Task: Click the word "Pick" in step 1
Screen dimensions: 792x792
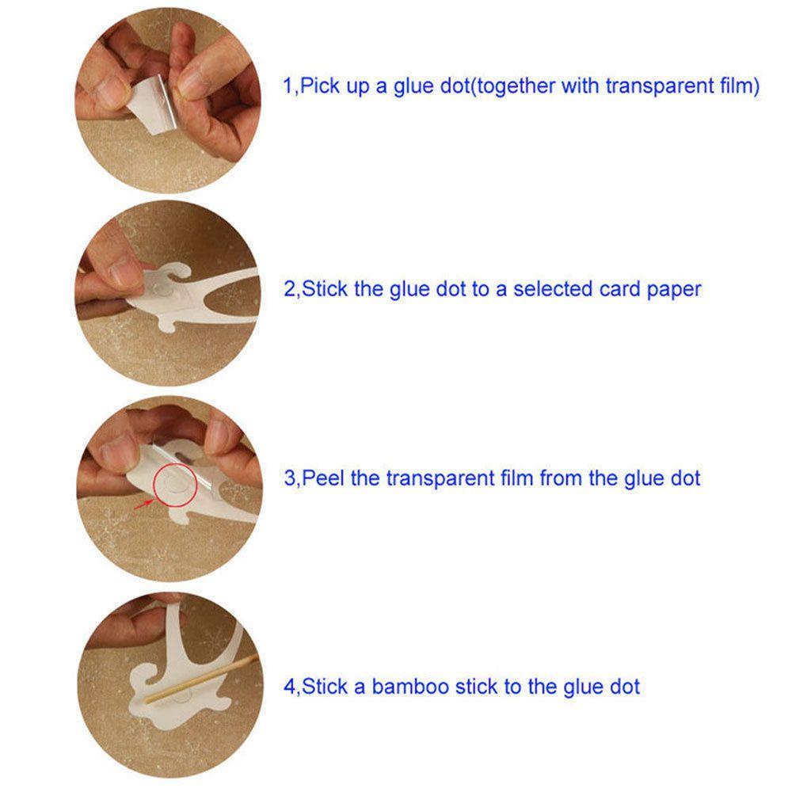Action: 320,86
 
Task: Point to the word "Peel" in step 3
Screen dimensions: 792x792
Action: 322,478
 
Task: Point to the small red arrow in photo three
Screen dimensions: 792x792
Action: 144,504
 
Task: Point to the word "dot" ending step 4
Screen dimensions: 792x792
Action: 626,687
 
